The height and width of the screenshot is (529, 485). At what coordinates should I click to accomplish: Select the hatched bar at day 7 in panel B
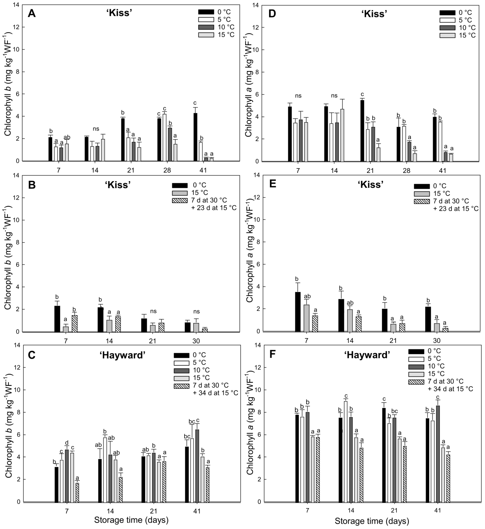click(x=75, y=324)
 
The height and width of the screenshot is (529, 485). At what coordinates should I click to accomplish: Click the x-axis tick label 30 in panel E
click(x=437, y=341)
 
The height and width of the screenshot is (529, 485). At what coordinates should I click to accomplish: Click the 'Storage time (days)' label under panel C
click(x=131, y=520)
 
